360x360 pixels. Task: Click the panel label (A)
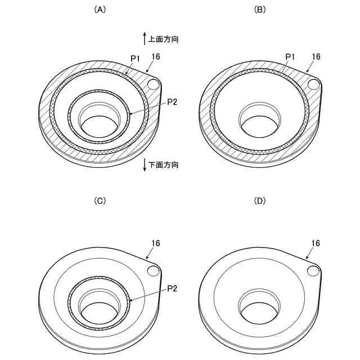[x=99, y=10]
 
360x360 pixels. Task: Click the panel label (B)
[x=260, y=10]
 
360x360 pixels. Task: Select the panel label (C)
[x=99, y=201]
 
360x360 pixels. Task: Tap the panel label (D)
[x=260, y=201]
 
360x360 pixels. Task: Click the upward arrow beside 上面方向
[x=145, y=39]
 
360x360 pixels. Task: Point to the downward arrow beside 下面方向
[x=145, y=166]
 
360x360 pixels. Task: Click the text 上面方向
[x=163, y=39]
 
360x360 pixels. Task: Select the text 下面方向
[x=163, y=165]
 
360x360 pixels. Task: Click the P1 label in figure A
[x=135, y=57]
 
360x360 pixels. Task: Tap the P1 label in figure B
[x=290, y=56]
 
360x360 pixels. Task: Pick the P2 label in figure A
[x=173, y=102]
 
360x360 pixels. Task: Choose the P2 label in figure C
[x=173, y=288]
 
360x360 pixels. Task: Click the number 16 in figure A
[x=155, y=56]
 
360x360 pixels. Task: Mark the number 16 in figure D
[x=316, y=243]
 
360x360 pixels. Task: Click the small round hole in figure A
[x=153, y=84]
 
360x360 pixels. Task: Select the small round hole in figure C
[x=153, y=271]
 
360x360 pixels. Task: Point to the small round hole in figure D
[x=313, y=271]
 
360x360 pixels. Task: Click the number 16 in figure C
[x=155, y=243]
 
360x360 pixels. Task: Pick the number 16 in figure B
[x=316, y=56]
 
